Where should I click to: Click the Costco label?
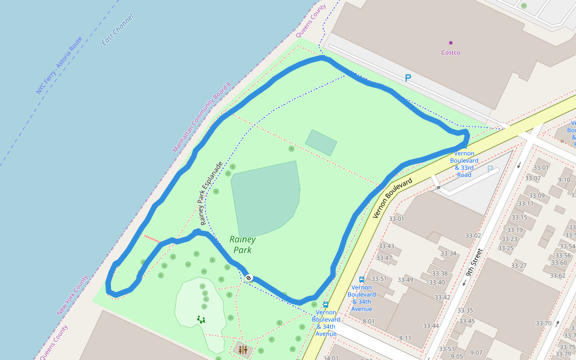[451, 53]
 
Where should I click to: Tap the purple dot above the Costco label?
[451, 43]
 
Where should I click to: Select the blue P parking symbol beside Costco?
[408, 78]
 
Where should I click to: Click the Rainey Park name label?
[242, 245]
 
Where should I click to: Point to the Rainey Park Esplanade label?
[211, 193]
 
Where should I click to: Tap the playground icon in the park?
[200, 320]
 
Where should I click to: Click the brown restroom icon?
[243, 349]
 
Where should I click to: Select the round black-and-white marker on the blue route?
[248, 278]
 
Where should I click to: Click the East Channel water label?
[118, 30]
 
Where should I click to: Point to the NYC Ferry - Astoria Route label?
[59, 65]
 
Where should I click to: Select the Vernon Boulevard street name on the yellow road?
[392, 197]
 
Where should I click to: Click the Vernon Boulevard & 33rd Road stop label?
[464, 164]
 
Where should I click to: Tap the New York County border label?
[73, 295]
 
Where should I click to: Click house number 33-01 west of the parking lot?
[396, 219]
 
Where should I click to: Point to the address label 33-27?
[519, 266]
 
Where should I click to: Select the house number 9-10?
[564, 179]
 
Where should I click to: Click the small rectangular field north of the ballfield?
[321, 142]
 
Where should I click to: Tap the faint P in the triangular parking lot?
[490, 170]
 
